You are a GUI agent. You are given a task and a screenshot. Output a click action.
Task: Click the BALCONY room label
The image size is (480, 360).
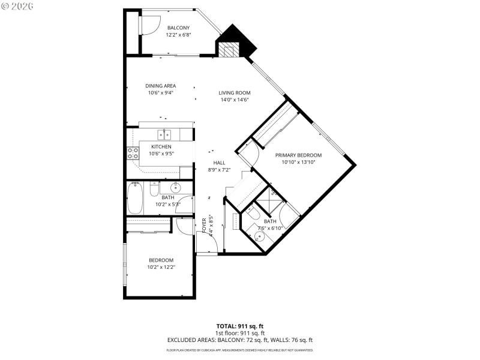(178, 28)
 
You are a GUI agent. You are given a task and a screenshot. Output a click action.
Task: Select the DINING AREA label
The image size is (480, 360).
(161, 86)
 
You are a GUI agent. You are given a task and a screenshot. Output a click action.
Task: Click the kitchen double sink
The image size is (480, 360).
(164, 134)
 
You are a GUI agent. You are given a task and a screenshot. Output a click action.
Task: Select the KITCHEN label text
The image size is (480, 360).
(161, 147)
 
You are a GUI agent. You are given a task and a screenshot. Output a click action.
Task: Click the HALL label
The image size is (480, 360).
(219, 163)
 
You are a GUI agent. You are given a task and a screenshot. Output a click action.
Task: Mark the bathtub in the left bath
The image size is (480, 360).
(135, 199)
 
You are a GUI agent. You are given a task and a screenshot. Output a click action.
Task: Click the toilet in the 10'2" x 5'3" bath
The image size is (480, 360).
(154, 190)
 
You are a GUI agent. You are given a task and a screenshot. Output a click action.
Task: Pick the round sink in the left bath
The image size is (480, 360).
(175, 187)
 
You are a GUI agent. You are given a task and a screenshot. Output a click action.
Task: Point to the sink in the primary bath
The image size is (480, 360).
(260, 236)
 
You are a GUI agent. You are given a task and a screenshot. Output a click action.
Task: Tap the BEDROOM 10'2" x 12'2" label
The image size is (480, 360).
(160, 260)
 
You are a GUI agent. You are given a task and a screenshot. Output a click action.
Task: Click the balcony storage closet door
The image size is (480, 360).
(147, 24)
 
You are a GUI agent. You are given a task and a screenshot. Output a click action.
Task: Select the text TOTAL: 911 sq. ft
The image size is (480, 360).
(240, 325)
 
